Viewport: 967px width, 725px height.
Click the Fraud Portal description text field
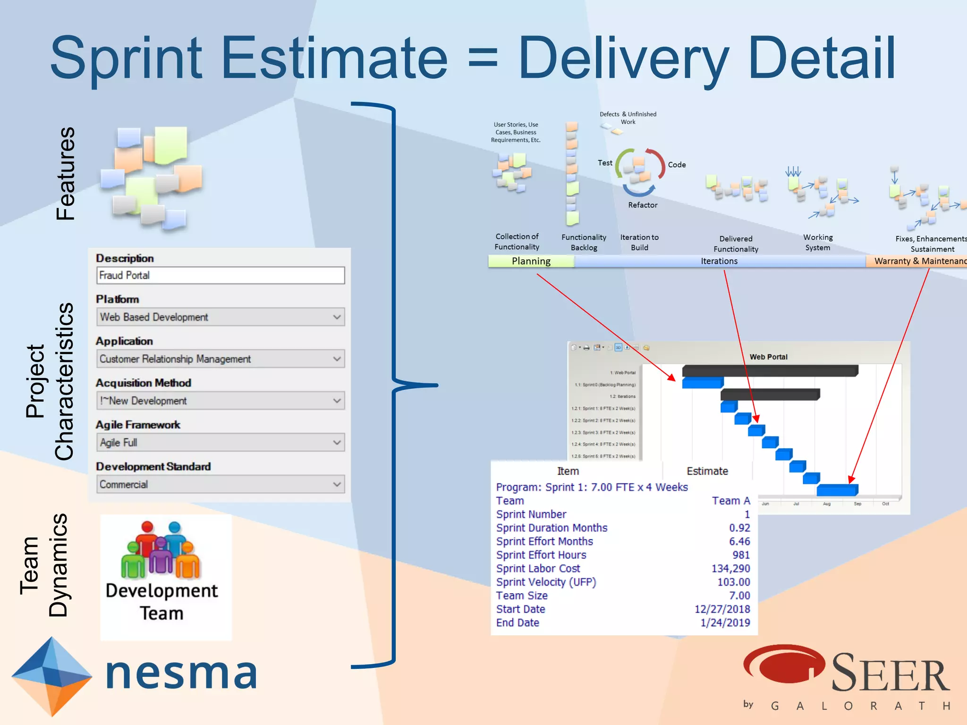[x=220, y=275]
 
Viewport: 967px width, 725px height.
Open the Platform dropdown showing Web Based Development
[x=220, y=317]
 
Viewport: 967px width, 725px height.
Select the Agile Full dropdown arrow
[x=337, y=442]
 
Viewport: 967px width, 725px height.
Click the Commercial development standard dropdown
[x=220, y=484]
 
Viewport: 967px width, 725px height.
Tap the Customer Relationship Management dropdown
[x=220, y=359]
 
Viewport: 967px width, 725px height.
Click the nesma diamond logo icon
[x=51, y=675]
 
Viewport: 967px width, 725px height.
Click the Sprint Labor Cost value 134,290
[x=730, y=568]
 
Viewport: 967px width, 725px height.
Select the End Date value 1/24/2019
[x=725, y=623]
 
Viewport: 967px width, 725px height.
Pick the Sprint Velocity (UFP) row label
[x=546, y=582]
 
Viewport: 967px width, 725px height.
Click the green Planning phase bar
[x=531, y=261]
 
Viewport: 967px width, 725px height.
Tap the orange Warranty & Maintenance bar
[x=916, y=261]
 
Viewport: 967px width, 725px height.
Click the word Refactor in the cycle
[x=643, y=205]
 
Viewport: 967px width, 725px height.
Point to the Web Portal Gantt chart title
[x=768, y=357]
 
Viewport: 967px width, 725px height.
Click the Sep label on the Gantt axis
[x=857, y=504]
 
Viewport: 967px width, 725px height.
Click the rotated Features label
[x=65, y=173]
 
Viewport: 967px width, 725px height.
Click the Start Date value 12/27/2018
[x=722, y=609]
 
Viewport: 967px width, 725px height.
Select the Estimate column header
[x=707, y=471]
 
